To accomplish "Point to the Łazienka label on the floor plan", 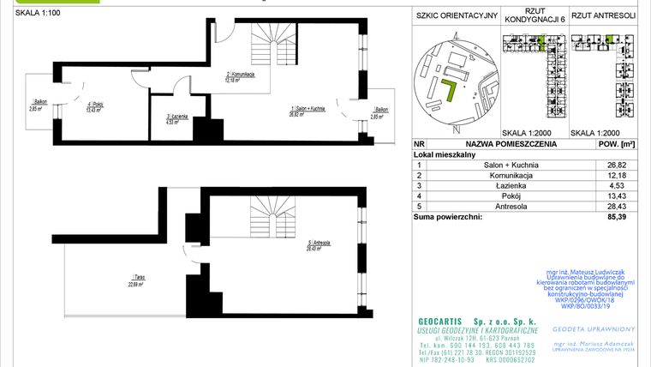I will click(x=177, y=119).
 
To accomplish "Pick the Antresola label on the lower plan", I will click(x=319, y=247).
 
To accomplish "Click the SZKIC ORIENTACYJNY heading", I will click(x=456, y=15).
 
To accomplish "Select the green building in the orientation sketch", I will click(x=446, y=90).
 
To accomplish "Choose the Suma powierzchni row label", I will click(x=447, y=217).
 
